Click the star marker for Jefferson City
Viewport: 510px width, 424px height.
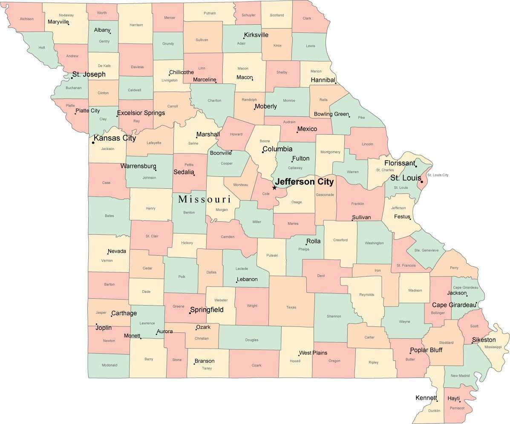point(274,187)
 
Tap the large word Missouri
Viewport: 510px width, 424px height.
point(205,199)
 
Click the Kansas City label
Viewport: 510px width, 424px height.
point(115,138)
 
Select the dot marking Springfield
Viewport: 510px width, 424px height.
point(190,313)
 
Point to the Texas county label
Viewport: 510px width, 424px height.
point(291,307)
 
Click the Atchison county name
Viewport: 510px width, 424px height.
point(26,19)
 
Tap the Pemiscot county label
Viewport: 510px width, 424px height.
point(456,408)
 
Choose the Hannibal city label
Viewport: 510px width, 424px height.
point(323,80)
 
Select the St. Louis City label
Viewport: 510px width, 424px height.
point(438,175)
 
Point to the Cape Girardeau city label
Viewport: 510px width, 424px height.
point(454,305)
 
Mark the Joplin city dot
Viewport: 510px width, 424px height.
point(96,324)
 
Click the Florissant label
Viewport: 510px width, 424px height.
point(399,163)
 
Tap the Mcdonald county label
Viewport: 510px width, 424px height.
point(109,365)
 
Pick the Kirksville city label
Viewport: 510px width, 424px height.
point(256,35)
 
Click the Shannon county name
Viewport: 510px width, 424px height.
point(334,316)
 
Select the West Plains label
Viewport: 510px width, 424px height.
point(313,352)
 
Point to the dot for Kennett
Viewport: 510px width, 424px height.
point(437,401)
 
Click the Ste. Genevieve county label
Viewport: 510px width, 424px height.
point(426,250)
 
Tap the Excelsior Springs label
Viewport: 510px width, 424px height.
point(141,113)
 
